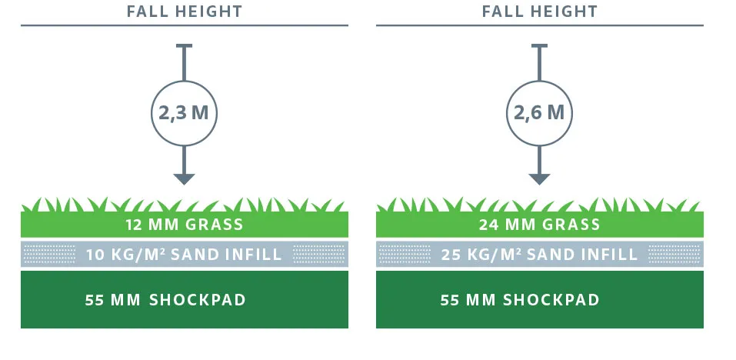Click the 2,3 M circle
click(184, 113)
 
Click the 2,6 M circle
click(539, 113)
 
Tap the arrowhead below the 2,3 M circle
click(184, 178)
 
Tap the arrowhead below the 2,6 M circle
click(539, 178)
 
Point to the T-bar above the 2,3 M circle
click(184, 46)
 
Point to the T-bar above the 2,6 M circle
click(539, 46)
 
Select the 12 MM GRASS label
click(185, 225)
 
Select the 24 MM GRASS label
click(539, 225)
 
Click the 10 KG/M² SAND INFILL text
click(184, 255)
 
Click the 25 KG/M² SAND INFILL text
click(539, 255)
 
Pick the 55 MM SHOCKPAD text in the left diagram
click(165, 300)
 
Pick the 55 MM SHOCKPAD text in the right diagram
click(520, 300)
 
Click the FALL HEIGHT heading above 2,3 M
click(185, 12)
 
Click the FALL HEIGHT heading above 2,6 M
click(540, 12)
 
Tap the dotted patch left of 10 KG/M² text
click(49, 254)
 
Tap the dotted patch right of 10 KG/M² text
click(319, 254)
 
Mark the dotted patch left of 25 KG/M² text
click(405, 254)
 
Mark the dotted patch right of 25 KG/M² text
click(674, 254)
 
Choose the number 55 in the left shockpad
click(95, 300)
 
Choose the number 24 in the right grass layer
click(488, 225)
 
